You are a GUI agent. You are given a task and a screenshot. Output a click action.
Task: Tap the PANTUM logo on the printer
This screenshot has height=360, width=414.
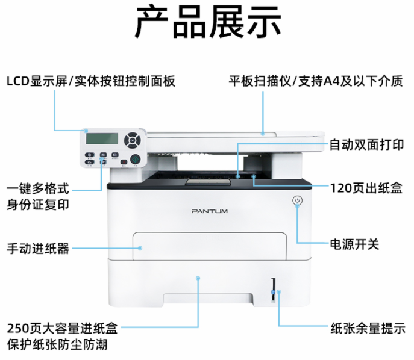pos(210,211)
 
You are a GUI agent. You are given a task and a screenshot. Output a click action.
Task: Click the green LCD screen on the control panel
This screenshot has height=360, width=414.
pos(102,138)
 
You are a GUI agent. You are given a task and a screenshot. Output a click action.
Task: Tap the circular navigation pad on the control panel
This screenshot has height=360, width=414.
pos(133,140)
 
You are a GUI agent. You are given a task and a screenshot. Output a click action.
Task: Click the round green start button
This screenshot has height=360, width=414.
pos(135,160)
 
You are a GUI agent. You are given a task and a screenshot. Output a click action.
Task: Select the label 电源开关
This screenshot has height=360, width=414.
pos(354,244)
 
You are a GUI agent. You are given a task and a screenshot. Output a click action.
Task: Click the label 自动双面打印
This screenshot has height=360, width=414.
pos(367,145)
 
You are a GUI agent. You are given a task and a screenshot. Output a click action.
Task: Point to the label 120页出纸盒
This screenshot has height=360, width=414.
pos(366,188)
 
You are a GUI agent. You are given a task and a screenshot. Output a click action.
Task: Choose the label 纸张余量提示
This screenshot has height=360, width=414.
pos(368,328)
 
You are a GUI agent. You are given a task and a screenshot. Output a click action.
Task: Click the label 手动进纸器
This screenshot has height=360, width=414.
pos(38,249)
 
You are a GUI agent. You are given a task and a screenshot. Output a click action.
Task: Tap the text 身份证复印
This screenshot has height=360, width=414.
pos(38,205)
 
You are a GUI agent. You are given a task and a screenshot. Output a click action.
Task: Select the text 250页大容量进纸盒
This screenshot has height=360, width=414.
pos(62,328)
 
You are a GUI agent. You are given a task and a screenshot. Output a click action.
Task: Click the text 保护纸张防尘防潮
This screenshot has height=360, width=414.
pos(57,344)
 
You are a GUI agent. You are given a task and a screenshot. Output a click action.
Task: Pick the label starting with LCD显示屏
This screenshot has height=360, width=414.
pos(91,81)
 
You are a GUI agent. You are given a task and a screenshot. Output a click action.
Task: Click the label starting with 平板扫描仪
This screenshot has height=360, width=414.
pos(316,81)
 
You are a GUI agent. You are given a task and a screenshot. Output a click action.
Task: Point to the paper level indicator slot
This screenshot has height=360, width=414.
pos(273,290)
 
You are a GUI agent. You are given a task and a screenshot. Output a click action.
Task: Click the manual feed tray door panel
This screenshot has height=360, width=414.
pos(210,246)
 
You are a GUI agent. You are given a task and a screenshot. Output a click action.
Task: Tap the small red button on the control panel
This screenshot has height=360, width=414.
pos(124,162)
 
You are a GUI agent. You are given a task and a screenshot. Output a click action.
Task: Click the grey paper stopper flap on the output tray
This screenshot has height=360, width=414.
pos(209,182)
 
